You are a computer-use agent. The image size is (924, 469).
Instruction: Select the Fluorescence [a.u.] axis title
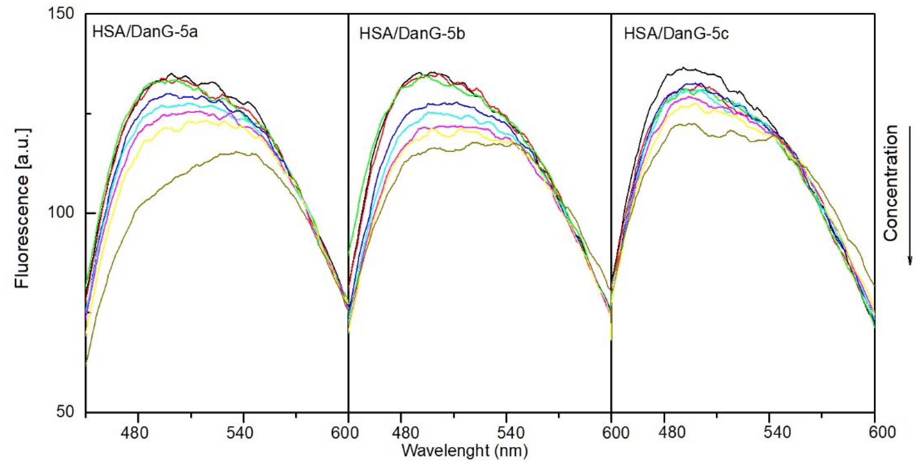coord(22,208)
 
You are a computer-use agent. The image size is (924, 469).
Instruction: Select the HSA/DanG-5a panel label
coord(145,32)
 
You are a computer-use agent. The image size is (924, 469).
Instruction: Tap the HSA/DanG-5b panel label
coord(412,34)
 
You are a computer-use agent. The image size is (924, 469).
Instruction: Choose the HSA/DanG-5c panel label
coord(676,34)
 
